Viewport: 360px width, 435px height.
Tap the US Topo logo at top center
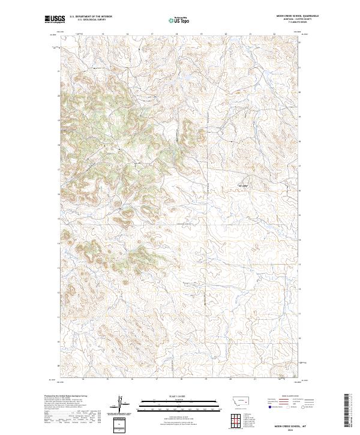(x=180, y=19)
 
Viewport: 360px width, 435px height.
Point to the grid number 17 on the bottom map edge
(x=156, y=379)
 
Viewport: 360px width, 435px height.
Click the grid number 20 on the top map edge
(x=225, y=34)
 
